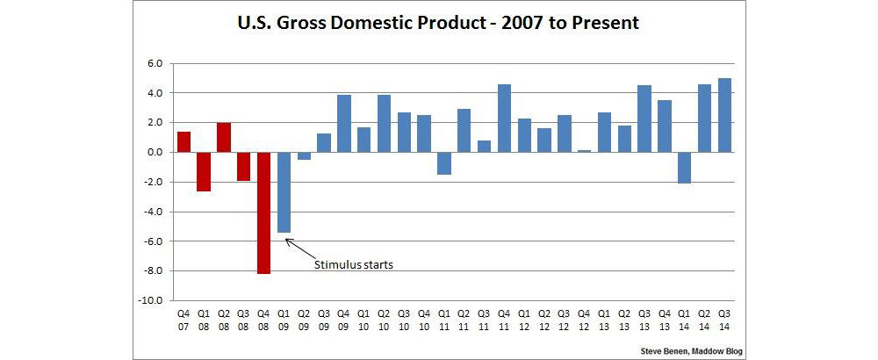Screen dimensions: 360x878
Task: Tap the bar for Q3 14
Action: tap(724, 115)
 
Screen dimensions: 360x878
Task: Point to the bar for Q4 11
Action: tap(505, 118)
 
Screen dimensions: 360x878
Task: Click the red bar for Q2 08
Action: tap(223, 137)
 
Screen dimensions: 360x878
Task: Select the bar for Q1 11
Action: tap(444, 162)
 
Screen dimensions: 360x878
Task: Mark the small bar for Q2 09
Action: tap(304, 155)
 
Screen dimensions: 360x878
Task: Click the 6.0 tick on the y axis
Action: tap(155, 63)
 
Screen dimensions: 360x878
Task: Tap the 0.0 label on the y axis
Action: tap(155, 152)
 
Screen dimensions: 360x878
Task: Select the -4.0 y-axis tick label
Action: tap(153, 212)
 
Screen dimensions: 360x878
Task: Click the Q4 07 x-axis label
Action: tap(184, 317)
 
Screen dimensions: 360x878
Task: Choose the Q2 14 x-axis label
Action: tap(704, 317)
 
